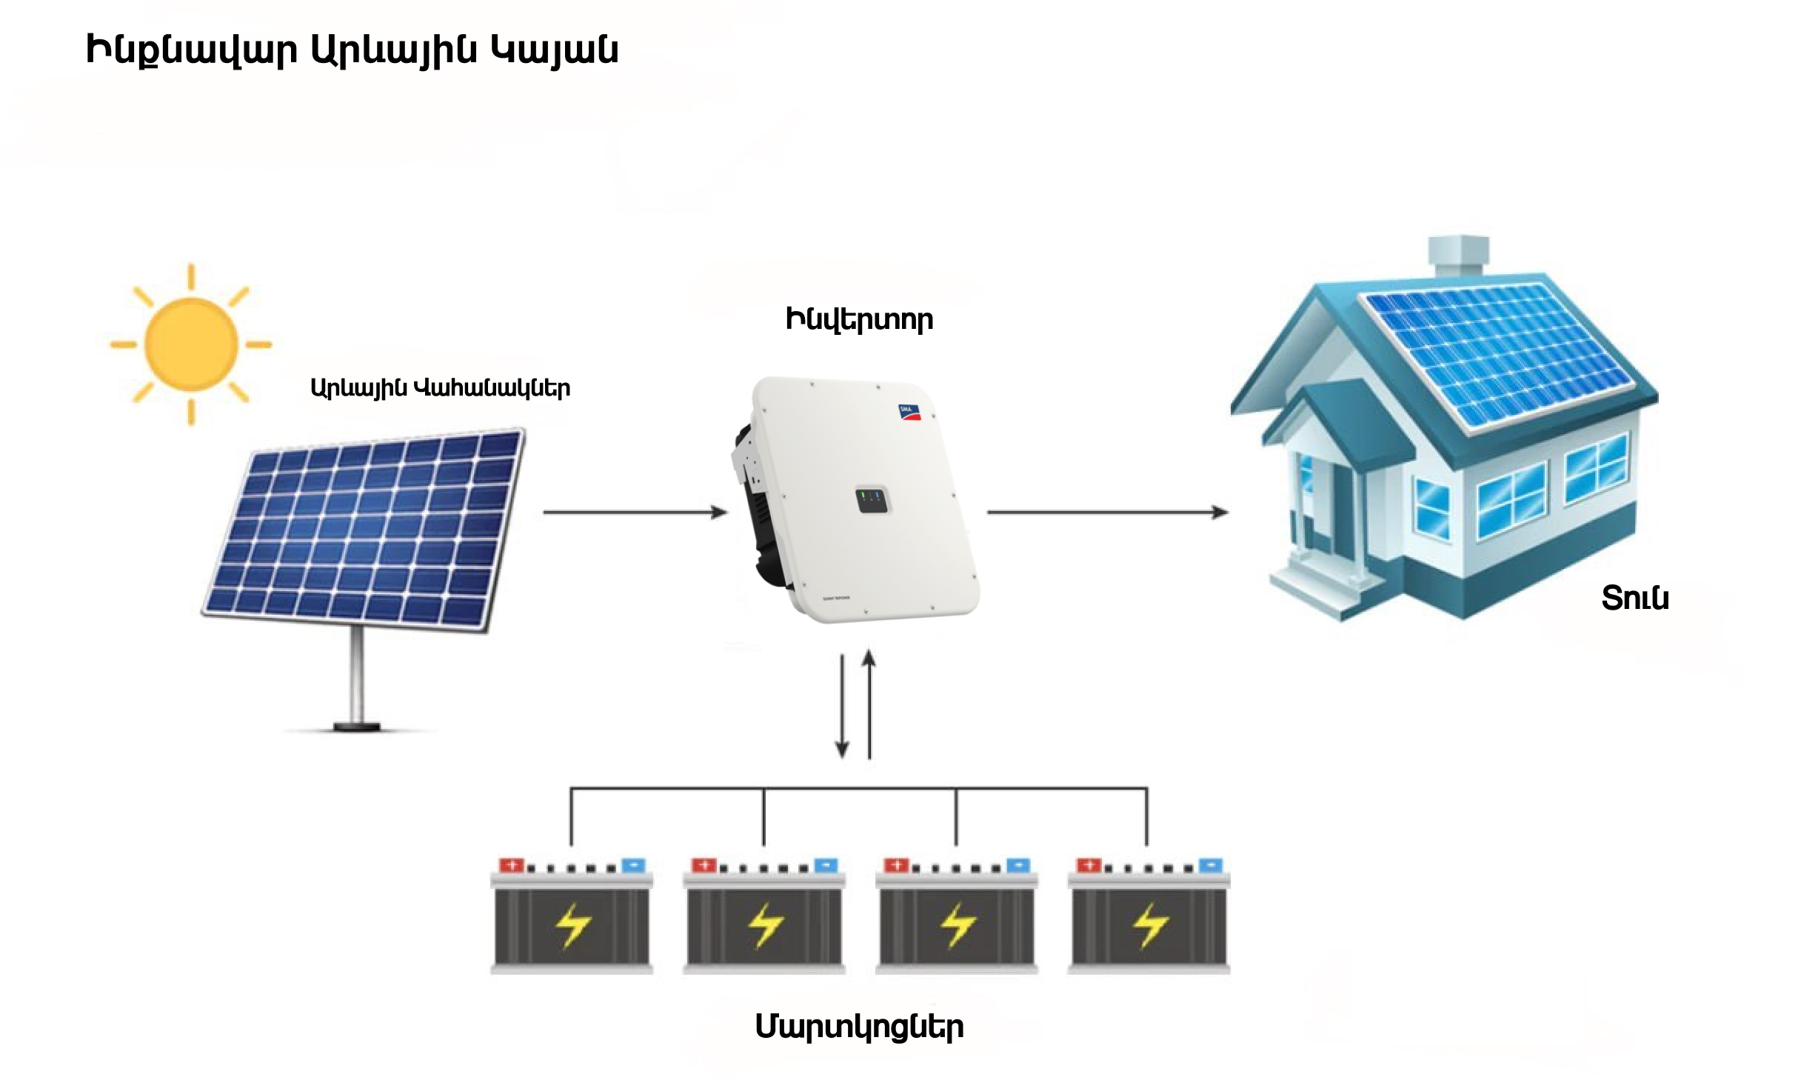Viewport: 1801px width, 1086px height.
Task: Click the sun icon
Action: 191,344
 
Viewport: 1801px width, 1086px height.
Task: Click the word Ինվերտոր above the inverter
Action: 859,320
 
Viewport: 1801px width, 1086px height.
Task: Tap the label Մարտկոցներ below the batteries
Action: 859,1027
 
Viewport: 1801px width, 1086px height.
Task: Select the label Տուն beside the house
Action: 1634,599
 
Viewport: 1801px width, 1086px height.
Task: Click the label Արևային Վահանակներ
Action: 440,388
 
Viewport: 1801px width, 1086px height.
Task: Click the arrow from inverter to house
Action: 1106,512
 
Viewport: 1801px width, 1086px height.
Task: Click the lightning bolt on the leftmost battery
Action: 572,925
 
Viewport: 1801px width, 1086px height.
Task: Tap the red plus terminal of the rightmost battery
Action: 1089,865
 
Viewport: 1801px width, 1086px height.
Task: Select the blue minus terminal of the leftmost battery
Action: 634,865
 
